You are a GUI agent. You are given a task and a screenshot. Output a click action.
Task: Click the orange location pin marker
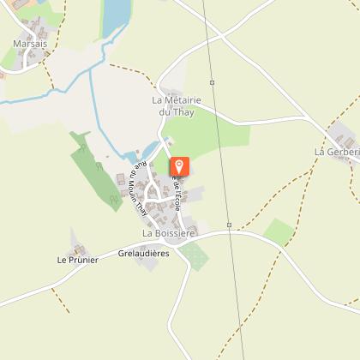pyautogui.click(x=180, y=167)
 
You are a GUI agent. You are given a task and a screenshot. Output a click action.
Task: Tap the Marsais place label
pyautogui.click(x=29, y=42)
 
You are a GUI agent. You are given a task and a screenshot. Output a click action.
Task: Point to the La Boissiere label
pyautogui.click(x=169, y=232)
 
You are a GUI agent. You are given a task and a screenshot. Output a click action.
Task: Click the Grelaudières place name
pyautogui.click(x=144, y=254)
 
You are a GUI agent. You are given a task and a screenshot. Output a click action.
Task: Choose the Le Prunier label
pyautogui.click(x=77, y=260)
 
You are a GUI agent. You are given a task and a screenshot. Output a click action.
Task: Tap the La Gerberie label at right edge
pyautogui.click(x=337, y=152)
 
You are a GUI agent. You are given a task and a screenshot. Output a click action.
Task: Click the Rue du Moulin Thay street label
pyautogui.click(x=135, y=190)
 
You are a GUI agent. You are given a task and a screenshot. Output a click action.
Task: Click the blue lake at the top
pyautogui.click(x=115, y=17)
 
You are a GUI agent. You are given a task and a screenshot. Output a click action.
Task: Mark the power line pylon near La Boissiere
pyautogui.click(x=230, y=225)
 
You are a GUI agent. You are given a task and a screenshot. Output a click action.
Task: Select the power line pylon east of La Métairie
pyautogui.click(x=212, y=82)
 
